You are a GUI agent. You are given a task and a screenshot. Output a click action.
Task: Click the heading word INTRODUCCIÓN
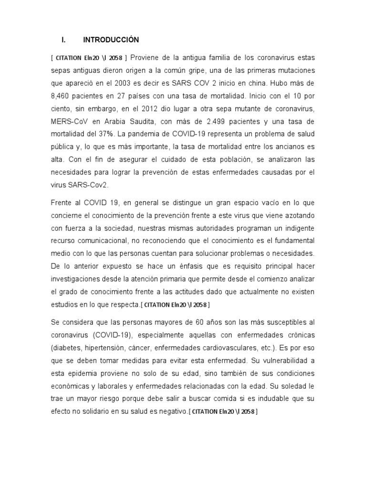110,39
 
